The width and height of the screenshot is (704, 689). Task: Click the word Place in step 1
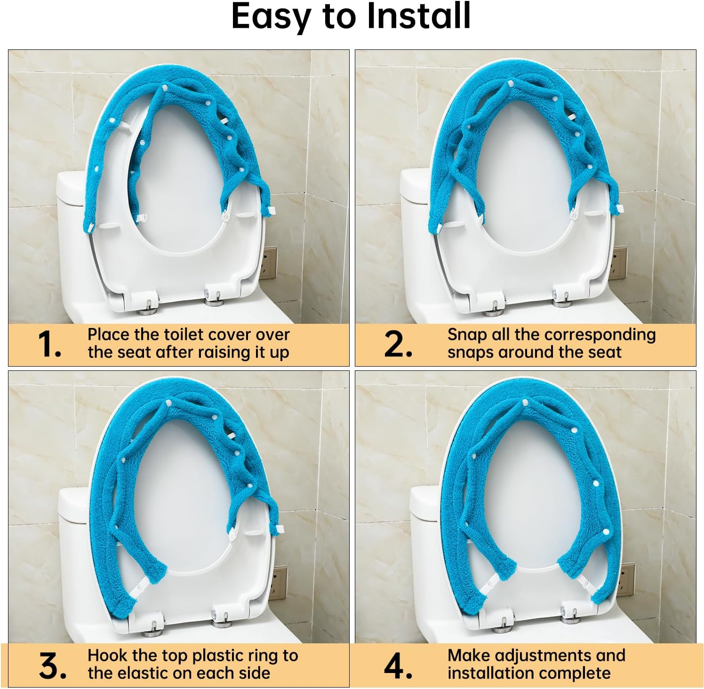108,335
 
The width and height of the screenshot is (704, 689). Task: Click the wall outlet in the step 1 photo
270,264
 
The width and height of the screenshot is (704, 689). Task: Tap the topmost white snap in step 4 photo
525,402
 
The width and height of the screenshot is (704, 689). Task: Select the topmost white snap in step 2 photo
511,84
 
